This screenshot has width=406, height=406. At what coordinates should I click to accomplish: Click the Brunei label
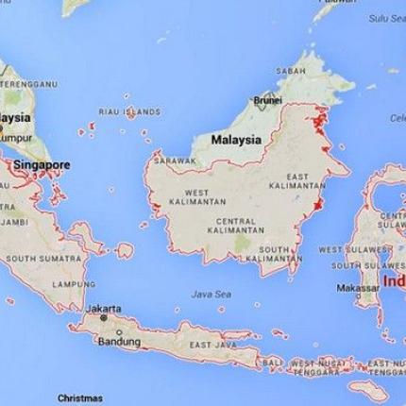pyautogui.click(x=268, y=99)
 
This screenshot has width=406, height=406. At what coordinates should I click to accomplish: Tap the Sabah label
pyautogui.click(x=291, y=70)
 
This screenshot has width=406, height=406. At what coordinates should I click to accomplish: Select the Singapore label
pyautogui.click(x=42, y=164)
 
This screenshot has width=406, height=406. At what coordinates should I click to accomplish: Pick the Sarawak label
pyautogui.click(x=175, y=161)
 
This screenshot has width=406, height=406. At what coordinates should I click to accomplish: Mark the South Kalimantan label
pyautogui.click(x=274, y=254)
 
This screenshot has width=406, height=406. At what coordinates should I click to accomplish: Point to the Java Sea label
pyautogui.click(x=210, y=294)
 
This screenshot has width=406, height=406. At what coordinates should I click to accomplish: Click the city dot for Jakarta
pyautogui.click(x=104, y=318)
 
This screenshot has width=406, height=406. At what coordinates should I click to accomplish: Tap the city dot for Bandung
pyautogui.click(x=119, y=332)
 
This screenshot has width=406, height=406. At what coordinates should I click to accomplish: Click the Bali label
pyautogui.click(x=272, y=362)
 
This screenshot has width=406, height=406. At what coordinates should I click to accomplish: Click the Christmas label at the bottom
pyautogui.click(x=80, y=398)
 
